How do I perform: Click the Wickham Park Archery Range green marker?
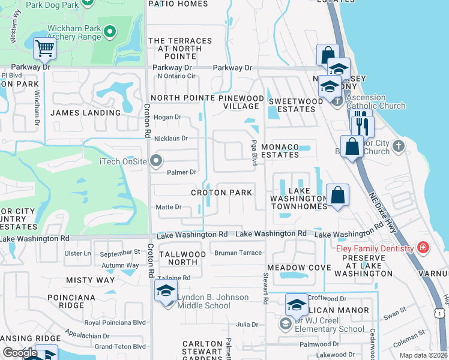pyautogui.click(x=110, y=31)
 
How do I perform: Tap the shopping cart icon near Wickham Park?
pyautogui.click(x=44, y=48)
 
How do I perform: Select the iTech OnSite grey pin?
pyautogui.click(x=156, y=161)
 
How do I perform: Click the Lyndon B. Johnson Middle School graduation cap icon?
pyautogui.click(x=165, y=292)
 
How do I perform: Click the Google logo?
pyautogui.click(x=20, y=353)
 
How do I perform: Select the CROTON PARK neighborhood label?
pyautogui.click(x=221, y=193)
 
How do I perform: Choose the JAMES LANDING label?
pyautogui.click(x=85, y=112)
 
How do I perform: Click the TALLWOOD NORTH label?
pyautogui.click(x=182, y=258)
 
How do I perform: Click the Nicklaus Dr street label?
pyautogui.click(x=171, y=139)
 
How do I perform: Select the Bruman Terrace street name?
pyautogui.click(x=238, y=253)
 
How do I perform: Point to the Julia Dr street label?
pyautogui.click(x=247, y=325)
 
